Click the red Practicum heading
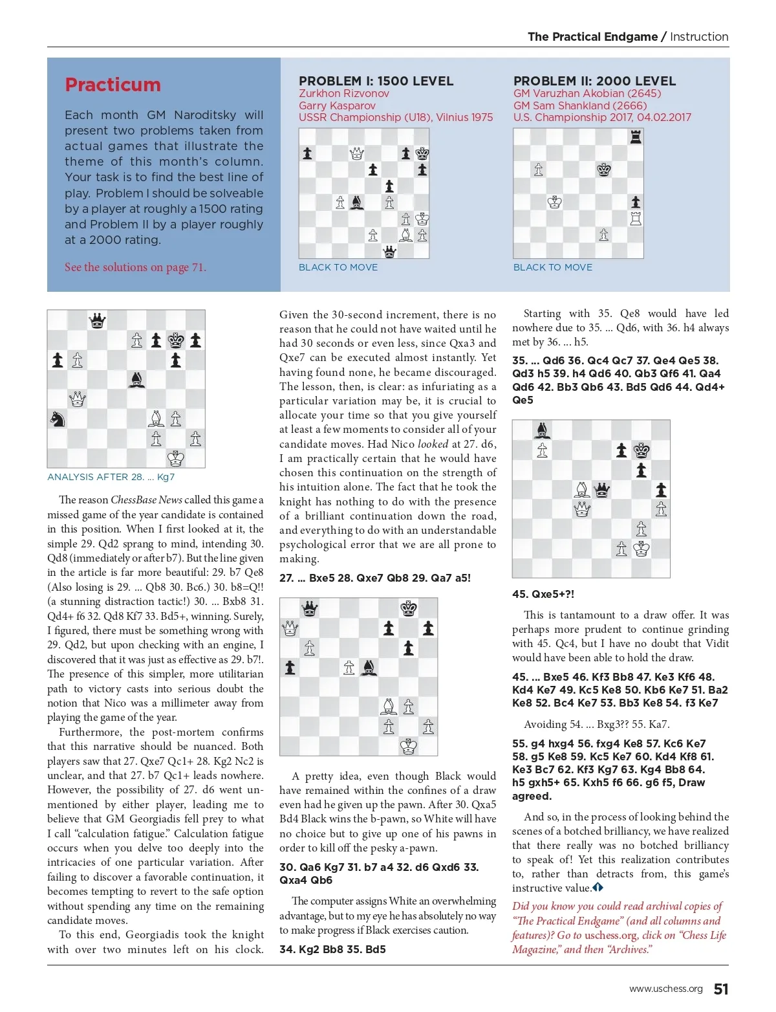point(113,85)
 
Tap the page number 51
point(720,989)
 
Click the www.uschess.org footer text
point(665,989)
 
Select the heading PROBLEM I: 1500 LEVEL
point(376,81)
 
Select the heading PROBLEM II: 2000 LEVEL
point(594,81)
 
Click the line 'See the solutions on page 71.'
point(135,267)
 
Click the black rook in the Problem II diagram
point(636,137)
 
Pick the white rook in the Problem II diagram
point(636,219)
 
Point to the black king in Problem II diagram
point(603,170)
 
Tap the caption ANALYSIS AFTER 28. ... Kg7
point(111,477)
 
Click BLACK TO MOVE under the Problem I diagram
point(338,267)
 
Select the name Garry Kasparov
point(337,105)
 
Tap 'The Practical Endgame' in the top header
point(592,37)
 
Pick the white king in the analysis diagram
point(176,459)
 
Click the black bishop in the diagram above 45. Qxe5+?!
point(542,430)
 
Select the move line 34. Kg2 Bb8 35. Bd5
point(332,949)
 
